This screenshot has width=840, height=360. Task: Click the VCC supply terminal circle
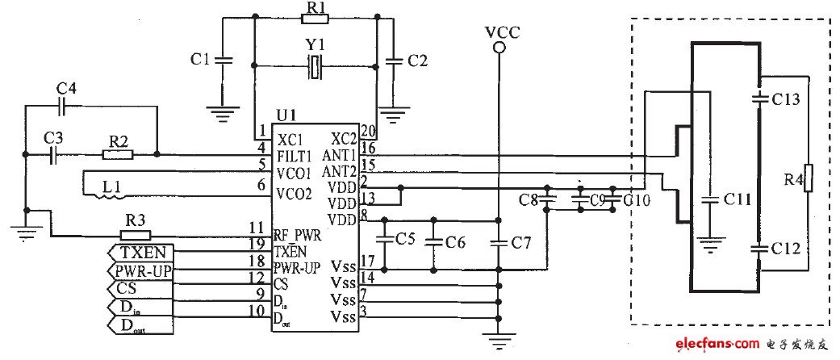click(x=499, y=48)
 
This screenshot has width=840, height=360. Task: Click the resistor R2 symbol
click(x=119, y=153)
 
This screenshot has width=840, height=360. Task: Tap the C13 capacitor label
click(x=786, y=99)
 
